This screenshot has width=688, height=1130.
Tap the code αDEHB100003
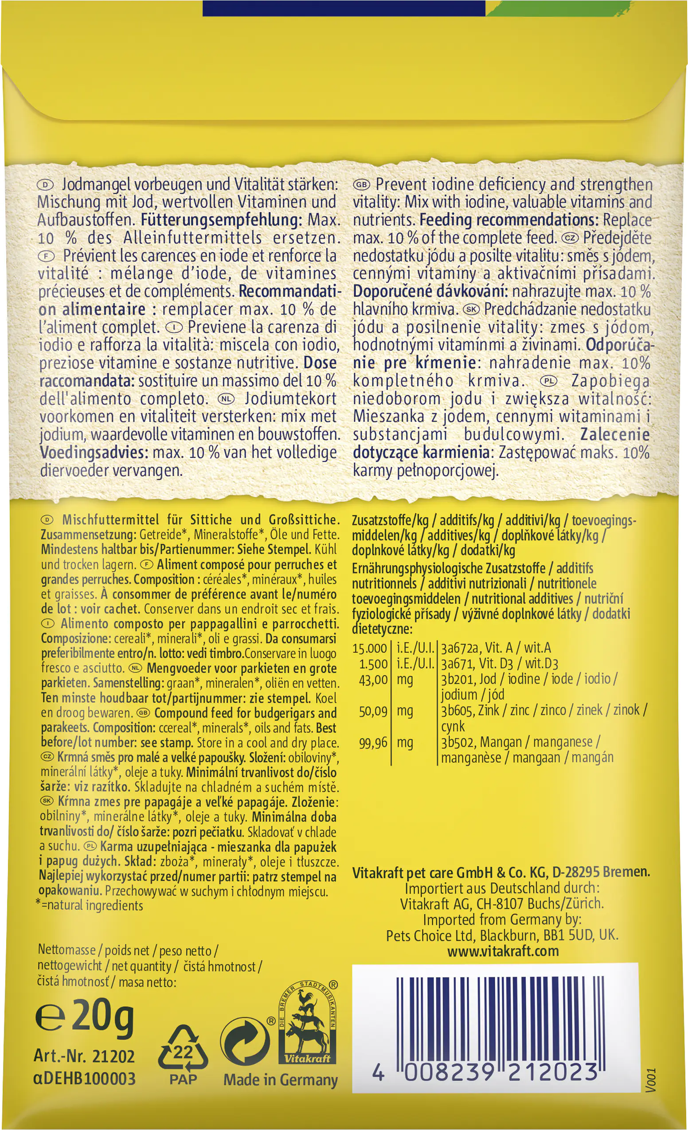point(84,1078)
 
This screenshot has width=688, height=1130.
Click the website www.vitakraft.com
point(503,951)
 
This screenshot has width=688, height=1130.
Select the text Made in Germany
point(280,1079)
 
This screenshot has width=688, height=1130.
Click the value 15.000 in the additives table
point(370,648)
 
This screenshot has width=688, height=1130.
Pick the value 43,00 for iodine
point(373,680)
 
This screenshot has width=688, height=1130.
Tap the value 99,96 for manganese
point(373,743)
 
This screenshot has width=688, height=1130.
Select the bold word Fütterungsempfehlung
point(221,220)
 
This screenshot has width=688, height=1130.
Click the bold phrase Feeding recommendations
point(508,220)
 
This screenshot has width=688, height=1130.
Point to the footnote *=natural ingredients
point(90,906)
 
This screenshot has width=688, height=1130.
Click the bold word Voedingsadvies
point(94,452)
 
